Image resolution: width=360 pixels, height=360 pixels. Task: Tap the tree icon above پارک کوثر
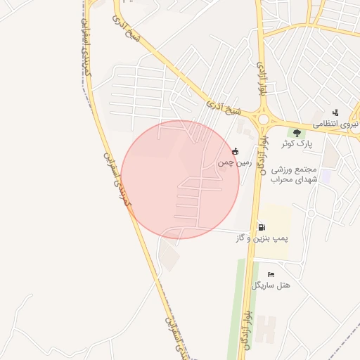[297, 132]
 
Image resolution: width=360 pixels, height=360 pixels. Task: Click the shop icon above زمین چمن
[235, 151]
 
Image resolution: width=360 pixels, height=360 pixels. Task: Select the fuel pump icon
[262, 227]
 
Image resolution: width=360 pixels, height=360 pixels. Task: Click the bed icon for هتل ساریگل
[271, 274]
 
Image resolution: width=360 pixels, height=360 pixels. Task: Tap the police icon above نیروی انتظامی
[335, 112]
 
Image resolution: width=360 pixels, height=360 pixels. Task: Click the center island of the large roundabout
[263, 120]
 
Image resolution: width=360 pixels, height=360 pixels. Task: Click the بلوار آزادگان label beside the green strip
[246, 326]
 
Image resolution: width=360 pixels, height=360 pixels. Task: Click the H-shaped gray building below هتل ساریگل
[266, 330]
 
